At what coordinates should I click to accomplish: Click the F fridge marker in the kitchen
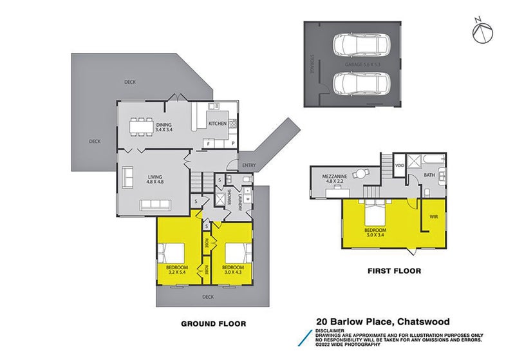(209, 144)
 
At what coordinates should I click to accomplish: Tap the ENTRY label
(248, 166)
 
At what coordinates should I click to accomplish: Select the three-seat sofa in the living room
(156, 206)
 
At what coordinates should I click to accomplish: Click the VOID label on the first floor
(399, 166)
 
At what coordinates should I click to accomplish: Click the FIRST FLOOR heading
(395, 271)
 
